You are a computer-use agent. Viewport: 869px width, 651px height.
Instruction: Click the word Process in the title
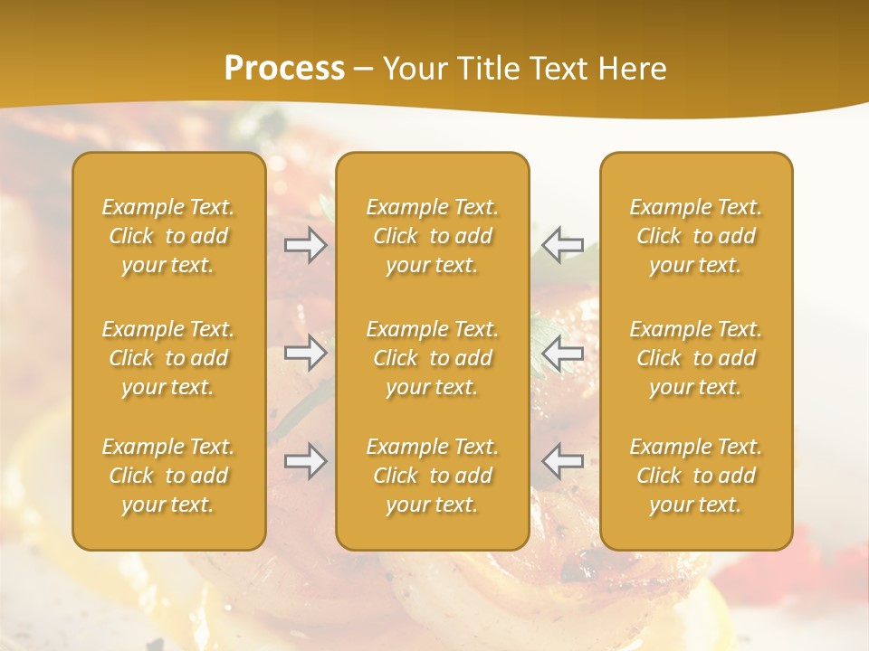coord(284,69)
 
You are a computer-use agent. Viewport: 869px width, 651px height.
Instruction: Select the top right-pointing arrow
coord(306,245)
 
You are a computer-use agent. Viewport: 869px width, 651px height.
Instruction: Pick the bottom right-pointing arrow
coord(306,461)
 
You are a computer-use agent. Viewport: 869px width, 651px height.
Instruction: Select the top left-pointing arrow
coord(562,245)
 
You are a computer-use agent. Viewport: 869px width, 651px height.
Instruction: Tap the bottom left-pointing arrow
coord(562,461)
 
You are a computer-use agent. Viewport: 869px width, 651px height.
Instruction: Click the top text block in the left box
coord(168,236)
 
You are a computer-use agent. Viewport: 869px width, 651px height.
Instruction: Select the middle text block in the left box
coord(168,358)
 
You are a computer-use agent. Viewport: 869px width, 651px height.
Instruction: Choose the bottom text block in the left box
coord(168,476)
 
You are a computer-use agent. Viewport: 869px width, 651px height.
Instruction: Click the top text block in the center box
coord(433,236)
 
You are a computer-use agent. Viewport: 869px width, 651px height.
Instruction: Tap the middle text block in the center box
coord(433,358)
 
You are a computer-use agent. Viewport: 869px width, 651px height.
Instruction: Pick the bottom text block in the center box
coord(433,476)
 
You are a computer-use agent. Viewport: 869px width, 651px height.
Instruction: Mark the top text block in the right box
coord(696,236)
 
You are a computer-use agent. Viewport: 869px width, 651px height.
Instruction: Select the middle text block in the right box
coord(696,358)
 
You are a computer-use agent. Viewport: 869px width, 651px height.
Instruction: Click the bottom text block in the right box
coord(696,476)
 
